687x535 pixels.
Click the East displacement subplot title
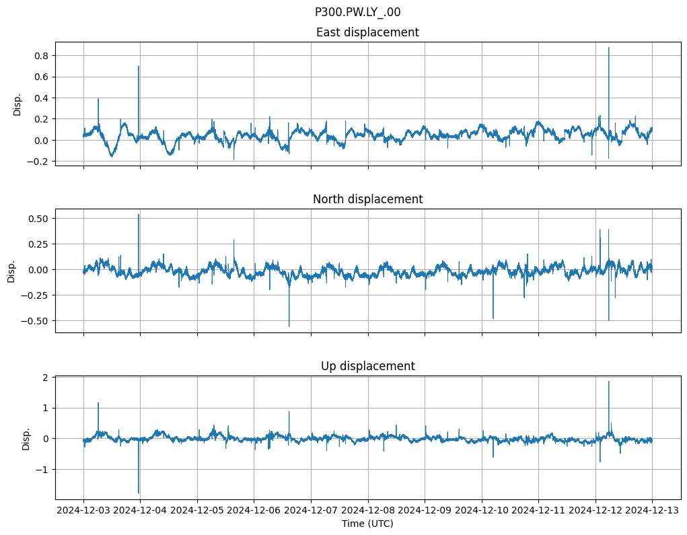(367, 32)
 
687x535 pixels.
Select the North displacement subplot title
(367, 199)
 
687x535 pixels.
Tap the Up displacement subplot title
(367, 366)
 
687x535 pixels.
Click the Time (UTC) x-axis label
(367, 523)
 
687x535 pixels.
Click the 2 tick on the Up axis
(46, 378)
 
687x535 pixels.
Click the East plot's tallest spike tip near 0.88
(609, 47)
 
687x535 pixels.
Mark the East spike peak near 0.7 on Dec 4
(139, 66)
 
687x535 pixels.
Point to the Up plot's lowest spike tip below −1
(139, 493)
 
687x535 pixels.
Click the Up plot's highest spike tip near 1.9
(609, 382)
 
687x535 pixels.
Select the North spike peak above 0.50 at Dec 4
(139, 215)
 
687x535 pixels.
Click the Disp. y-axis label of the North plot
(11, 271)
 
